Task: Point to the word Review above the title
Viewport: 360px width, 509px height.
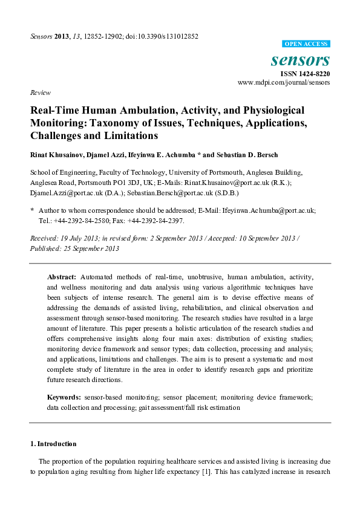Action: pyautogui.click(x=39, y=93)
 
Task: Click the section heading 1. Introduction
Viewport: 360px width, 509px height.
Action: pyautogui.click(x=53, y=443)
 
